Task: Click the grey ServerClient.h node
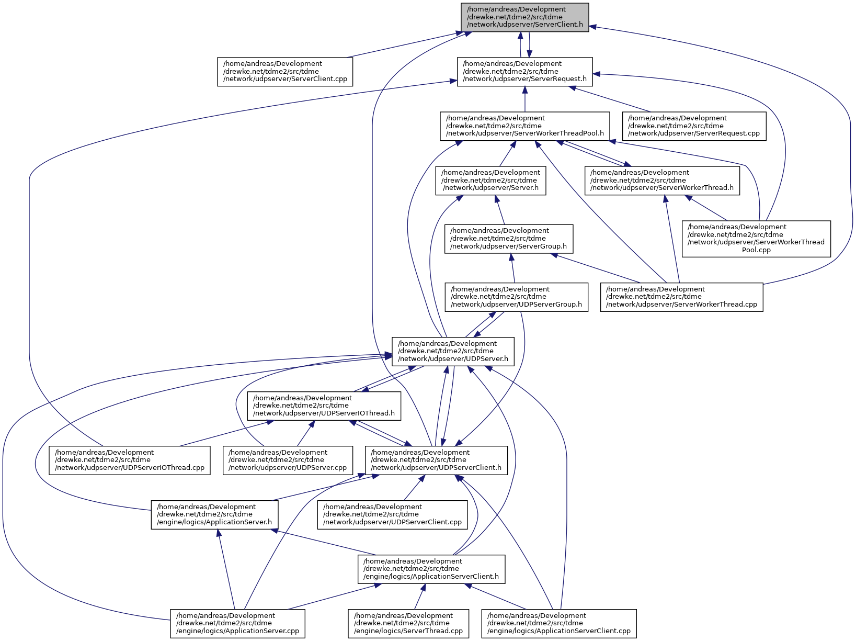[524, 18]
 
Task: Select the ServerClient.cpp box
[285, 72]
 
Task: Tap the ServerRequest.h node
[524, 72]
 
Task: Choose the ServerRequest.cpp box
[694, 127]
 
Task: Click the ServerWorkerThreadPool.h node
[524, 127]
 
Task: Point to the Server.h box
[490, 181]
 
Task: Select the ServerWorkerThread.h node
[662, 181]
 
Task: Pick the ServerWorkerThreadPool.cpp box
[756, 239]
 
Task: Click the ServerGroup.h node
[509, 239]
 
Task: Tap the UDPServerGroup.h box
[516, 297]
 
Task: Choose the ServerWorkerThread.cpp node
[682, 297]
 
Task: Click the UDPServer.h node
[453, 352]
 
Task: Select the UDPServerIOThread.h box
[324, 406]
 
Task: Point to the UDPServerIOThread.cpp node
[130, 460]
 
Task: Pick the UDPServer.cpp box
[288, 460]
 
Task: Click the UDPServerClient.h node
[437, 460]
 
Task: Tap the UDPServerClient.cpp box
[392, 515]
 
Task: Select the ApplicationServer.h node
[214, 515]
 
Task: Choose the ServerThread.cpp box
[408, 624]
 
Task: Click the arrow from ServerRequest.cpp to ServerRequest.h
[610, 99]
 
